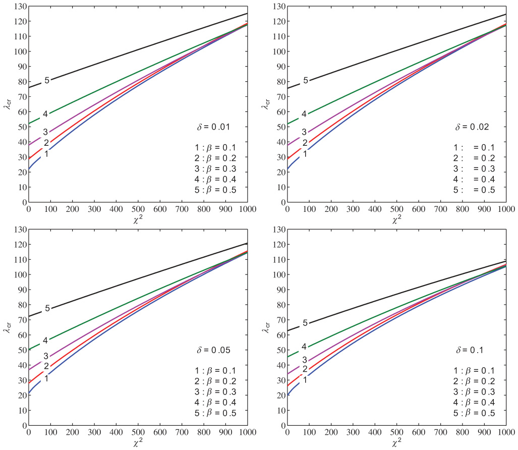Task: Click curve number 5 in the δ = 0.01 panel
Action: pyautogui.click(x=47, y=80)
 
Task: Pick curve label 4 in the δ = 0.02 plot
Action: pyautogui.click(x=304, y=114)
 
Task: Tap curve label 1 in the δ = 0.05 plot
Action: pyautogui.click(x=46, y=378)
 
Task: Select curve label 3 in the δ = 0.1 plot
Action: pyautogui.click(x=305, y=360)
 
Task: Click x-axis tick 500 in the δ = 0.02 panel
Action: pyautogui.click(x=396, y=208)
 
